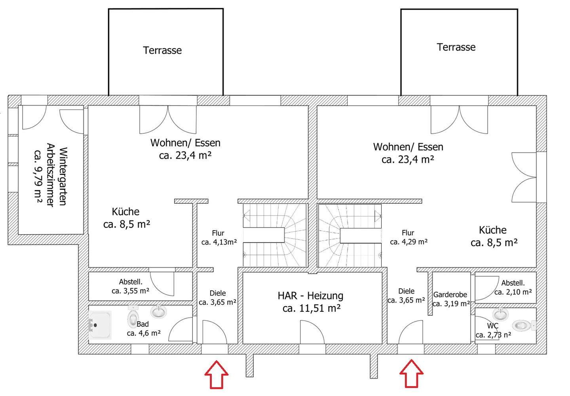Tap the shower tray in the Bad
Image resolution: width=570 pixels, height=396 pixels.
point(100,325)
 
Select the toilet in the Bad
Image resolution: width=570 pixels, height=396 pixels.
point(133,317)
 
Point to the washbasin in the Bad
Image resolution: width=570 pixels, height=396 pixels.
point(160,312)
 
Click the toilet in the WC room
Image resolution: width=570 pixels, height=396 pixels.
point(522,326)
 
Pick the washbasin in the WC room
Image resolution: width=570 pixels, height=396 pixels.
point(500,315)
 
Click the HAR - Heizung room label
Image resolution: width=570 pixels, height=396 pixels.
point(310,296)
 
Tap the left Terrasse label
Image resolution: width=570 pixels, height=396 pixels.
point(162,51)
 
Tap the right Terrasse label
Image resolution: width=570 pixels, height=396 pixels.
point(456,47)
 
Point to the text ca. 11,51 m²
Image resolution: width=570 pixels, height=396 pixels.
point(312,308)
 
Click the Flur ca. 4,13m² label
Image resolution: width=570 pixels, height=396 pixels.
point(219,238)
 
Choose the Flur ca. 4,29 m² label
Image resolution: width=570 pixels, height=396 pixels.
point(408,237)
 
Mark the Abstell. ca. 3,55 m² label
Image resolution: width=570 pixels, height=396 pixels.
point(131,287)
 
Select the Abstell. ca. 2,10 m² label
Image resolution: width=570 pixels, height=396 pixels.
point(513,288)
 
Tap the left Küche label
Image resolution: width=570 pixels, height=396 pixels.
point(126,218)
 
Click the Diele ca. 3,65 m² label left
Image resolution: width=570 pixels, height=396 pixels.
point(218,298)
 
